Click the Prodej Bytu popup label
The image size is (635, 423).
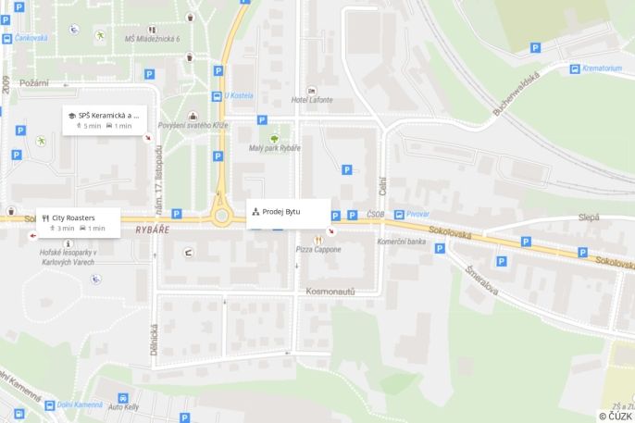click(288, 212)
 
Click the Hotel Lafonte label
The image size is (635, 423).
click(310, 100)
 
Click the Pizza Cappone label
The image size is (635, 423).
click(318, 250)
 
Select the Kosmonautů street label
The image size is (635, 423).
click(330, 291)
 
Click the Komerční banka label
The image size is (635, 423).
click(402, 242)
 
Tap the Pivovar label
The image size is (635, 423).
click(417, 214)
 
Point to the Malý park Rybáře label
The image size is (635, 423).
click(275, 149)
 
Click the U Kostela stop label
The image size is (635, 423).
click(239, 95)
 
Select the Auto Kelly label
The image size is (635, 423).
click(123, 407)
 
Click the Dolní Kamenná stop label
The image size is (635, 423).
click(52, 404)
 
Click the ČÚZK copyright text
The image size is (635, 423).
click(616, 417)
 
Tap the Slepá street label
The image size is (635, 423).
click(589, 217)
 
